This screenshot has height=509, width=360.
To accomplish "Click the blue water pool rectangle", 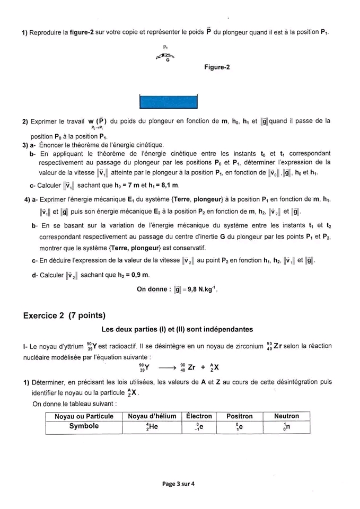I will tap(169, 101).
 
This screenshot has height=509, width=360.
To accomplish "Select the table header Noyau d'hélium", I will tap(151, 416).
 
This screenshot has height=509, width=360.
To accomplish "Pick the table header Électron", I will tap(198, 416).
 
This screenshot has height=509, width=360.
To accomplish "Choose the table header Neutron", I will tap(286, 416).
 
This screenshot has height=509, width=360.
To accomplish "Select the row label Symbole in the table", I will tap(84, 426).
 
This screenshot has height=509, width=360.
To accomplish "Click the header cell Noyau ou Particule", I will tap(84, 416).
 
